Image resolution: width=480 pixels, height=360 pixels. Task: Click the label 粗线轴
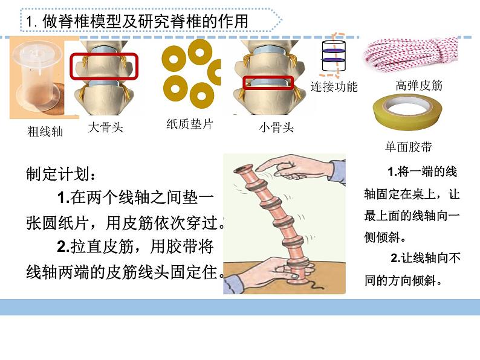point(45,131)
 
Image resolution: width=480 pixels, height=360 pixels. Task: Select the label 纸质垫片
point(189,124)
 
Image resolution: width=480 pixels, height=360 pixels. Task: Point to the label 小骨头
point(276,127)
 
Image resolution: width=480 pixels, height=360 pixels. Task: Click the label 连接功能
point(334,86)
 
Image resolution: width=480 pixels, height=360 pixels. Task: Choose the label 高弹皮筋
point(419,85)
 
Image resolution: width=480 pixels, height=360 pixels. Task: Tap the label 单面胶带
point(408,147)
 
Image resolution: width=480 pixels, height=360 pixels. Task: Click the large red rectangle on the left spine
point(104,66)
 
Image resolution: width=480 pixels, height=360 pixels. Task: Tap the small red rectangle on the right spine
point(268,82)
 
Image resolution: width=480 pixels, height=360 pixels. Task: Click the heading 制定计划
point(60,175)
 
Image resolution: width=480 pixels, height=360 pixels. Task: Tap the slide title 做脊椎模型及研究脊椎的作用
point(145,21)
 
